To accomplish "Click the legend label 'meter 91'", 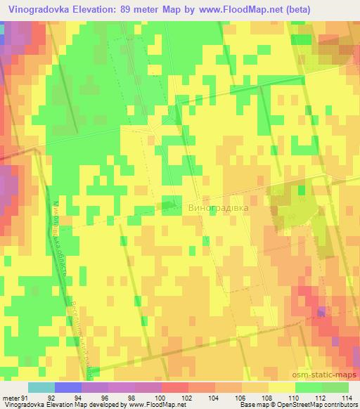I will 15,398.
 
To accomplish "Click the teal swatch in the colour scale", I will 41,387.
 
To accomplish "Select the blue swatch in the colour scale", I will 67,387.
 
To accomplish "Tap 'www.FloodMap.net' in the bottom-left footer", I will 152,405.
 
